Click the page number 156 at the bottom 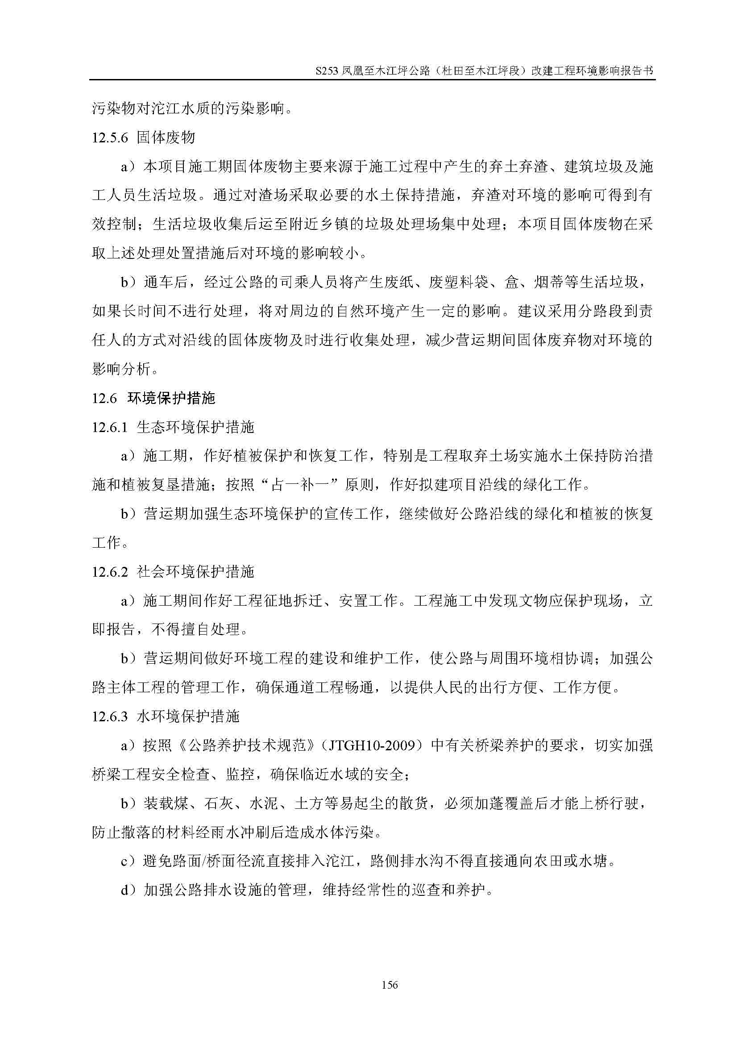pyautogui.click(x=390, y=985)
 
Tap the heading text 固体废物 pyautogui.click(x=166, y=138)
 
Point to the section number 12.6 pyautogui.click(x=104, y=399)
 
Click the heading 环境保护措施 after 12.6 pyautogui.click(x=171, y=399)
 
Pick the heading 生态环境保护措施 pyautogui.click(x=195, y=428)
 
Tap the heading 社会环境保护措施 pyautogui.click(x=195, y=572)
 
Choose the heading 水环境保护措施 pyautogui.click(x=188, y=717)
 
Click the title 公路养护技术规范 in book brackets pyautogui.click(x=248, y=746)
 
